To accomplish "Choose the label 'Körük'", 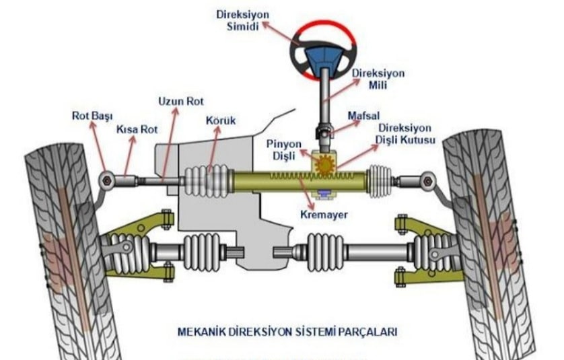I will coord(220,120).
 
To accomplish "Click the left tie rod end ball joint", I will coord(106,180).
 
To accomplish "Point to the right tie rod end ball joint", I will coord(426,180).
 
